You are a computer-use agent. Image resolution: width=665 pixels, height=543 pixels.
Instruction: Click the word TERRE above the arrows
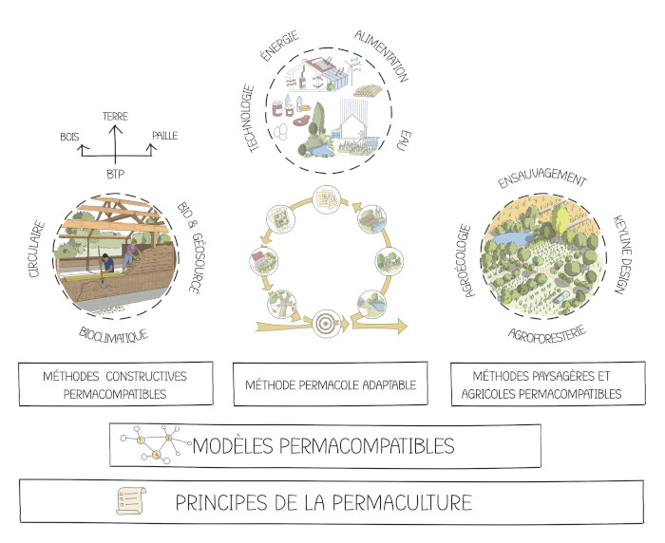pos(115,115)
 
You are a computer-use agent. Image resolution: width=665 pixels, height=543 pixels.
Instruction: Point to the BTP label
pos(115,175)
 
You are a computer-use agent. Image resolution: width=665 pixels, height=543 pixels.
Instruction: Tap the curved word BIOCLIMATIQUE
pos(115,336)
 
